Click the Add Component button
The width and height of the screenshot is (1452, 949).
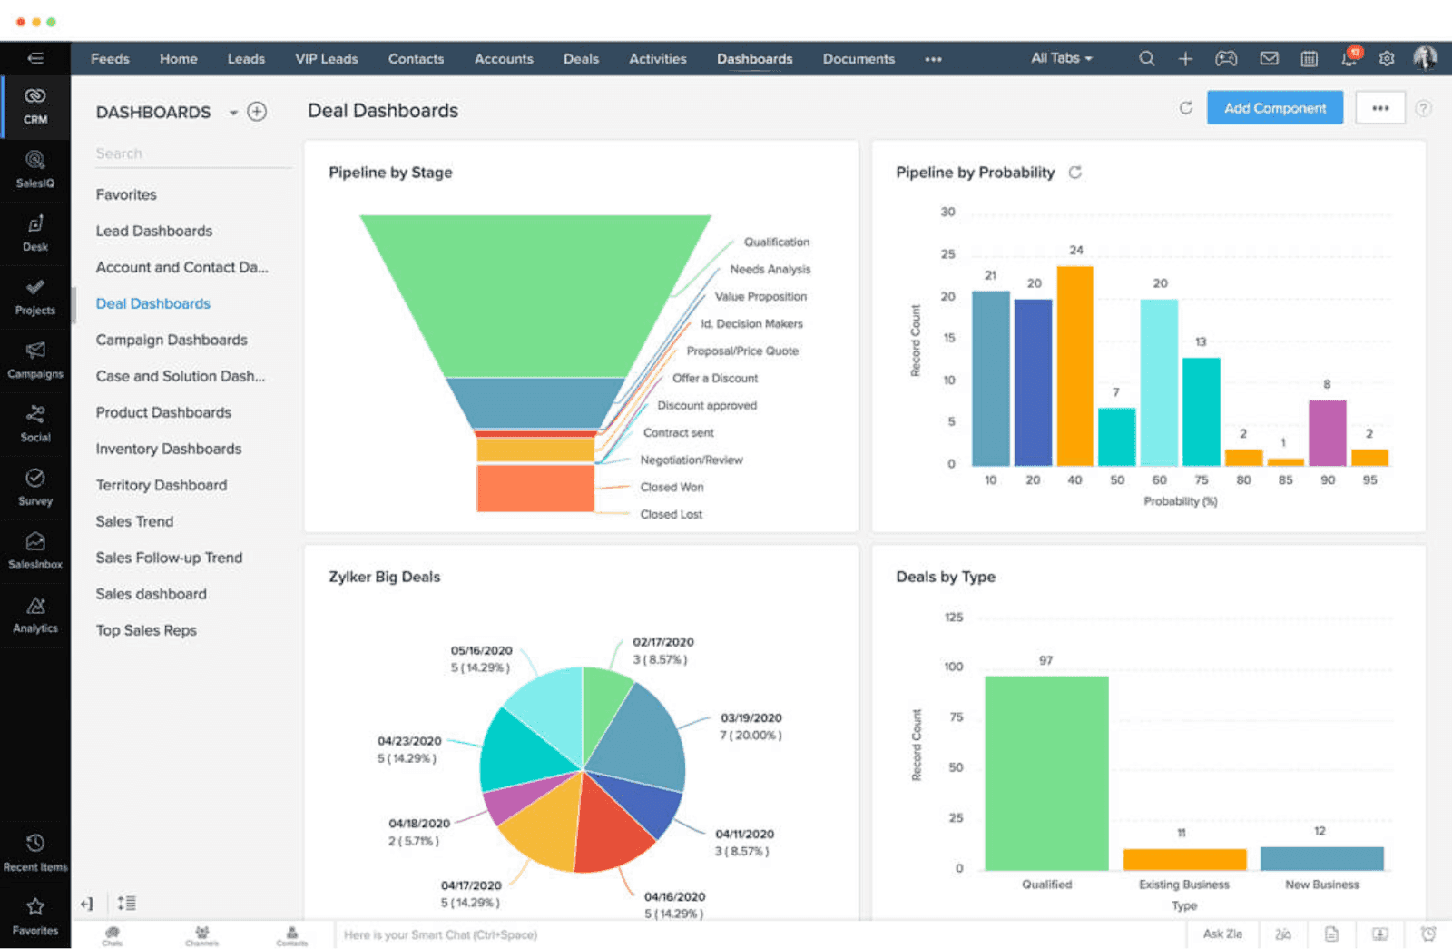1274,108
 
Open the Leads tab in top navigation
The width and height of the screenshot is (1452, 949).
246,59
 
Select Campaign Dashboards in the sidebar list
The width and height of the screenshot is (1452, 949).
172,340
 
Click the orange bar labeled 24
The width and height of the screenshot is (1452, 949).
1075,365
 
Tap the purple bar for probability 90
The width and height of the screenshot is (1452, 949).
1327,432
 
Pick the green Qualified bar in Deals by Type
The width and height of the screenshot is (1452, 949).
1046,773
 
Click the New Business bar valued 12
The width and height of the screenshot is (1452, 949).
1321,858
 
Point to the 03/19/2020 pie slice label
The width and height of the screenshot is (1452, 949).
751,718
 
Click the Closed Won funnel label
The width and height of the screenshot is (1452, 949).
672,488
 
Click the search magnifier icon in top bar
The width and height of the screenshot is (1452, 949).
1147,59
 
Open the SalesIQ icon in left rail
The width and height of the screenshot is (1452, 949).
35,168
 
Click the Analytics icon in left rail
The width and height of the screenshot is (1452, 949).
35,614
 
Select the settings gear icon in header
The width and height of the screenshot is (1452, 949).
1386,59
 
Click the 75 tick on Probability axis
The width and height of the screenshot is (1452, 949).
1202,480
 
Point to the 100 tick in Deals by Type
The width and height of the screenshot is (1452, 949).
953,667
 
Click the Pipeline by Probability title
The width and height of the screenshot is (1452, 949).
975,173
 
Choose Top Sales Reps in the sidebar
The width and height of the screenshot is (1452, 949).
146,630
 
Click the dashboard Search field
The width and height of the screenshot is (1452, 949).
191,153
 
